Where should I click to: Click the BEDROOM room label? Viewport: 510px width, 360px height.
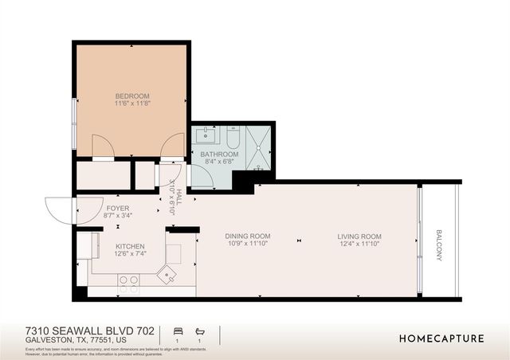pos(131,96)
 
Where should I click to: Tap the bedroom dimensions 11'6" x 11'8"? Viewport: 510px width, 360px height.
pos(131,104)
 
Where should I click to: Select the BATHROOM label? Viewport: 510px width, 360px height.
pos(218,154)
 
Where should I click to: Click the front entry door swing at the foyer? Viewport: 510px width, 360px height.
pos(62,210)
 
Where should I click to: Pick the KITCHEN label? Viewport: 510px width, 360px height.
pos(129,247)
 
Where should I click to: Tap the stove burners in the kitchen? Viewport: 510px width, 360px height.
pos(128,280)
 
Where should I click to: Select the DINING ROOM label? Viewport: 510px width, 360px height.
pos(247,237)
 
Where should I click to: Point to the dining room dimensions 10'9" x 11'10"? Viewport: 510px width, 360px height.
pos(247,245)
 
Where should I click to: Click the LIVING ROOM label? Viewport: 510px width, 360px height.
pos(359,237)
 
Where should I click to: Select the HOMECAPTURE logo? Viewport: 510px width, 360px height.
pos(441,338)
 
